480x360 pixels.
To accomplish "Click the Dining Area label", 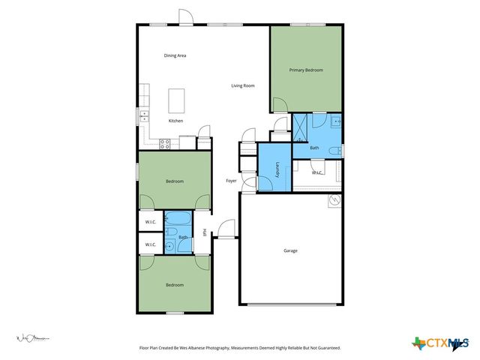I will click(175, 55).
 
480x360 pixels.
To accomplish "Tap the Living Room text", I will click(242, 85).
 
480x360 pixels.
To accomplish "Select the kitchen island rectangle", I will click(176, 100).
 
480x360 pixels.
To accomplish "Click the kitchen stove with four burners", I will click(166, 142).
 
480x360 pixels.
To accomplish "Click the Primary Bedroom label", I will click(306, 70).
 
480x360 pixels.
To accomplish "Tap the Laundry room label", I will click(277, 169).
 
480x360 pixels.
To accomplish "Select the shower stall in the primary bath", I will click(300, 127).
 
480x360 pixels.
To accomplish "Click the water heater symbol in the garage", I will click(333, 201).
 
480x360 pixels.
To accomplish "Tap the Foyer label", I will click(232, 181).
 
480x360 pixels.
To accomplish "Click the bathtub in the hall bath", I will click(178, 221).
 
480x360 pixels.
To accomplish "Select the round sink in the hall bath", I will click(170, 246).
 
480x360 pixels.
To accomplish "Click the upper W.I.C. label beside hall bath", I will click(150, 222).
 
